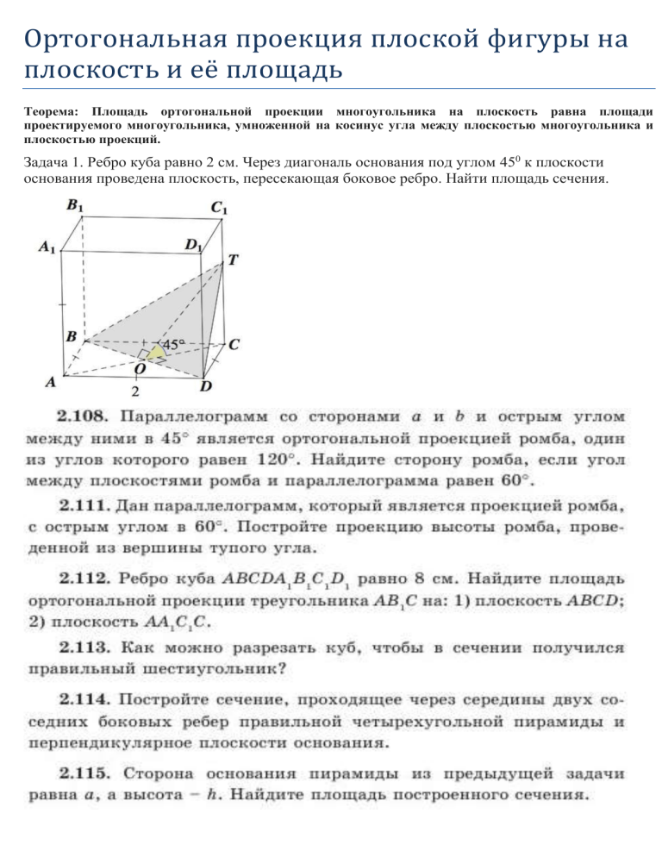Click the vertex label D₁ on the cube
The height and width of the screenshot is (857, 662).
[195, 246]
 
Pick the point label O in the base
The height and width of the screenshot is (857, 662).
[139, 368]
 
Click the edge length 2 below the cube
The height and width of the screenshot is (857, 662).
[135, 391]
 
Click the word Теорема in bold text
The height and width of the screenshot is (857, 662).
[50, 112]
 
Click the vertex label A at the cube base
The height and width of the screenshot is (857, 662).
[52, 380]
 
